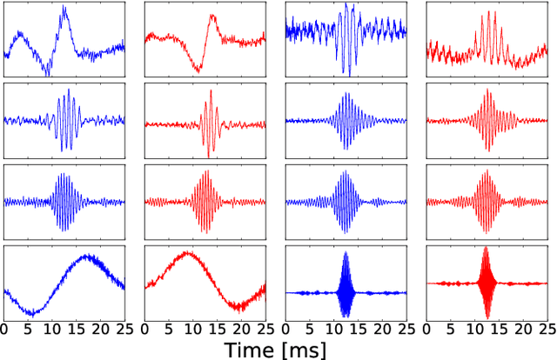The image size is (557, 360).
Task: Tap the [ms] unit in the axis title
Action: coord(305,350)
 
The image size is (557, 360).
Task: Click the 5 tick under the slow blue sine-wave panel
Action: coord(28,329)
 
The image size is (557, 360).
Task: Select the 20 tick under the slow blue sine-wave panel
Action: coord(100,329)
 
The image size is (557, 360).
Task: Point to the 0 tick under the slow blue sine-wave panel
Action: coord(4,329)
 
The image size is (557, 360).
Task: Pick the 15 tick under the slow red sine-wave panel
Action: coord(217,329)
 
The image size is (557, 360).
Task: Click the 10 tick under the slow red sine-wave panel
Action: coord(192,329)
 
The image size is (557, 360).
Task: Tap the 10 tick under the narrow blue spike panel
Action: coord(333,329)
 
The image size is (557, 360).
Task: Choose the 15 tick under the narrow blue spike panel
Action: coord(358,329)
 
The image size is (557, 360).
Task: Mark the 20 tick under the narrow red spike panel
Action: coord(523,329)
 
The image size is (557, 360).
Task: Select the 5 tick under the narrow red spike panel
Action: coord(451,329)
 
